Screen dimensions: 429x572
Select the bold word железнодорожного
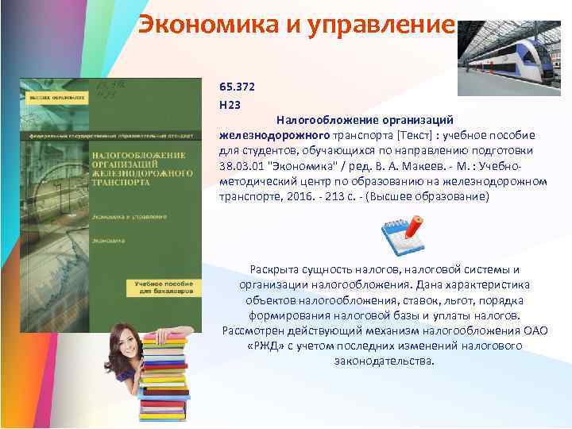click(x=269, y=135)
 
